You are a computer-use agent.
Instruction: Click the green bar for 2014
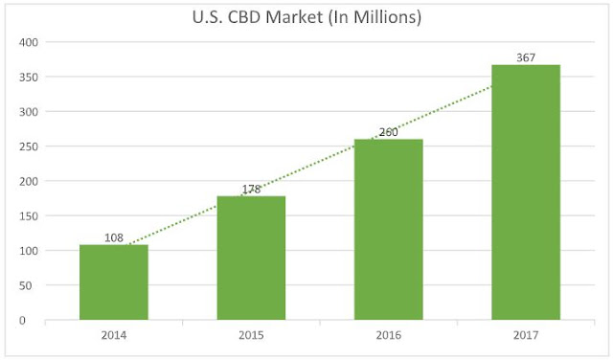pyautogui.click(x=113, y=282)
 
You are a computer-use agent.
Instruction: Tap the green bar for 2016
pyautogui.click(x=388, y=230)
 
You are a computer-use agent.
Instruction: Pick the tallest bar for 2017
pyautogui.click(x=526, y=191)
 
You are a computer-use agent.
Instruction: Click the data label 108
pyautogui.click(x=114, y=237)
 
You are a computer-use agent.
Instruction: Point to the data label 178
pyautogui.click(x=251, y=189)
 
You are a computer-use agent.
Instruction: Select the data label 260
pyautogui.click(x=388, y=132)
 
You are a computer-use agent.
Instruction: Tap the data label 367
pyautogui.click(x=526, y=57)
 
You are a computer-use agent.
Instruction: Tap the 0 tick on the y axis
pyautogui.click(x=34, y=320)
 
